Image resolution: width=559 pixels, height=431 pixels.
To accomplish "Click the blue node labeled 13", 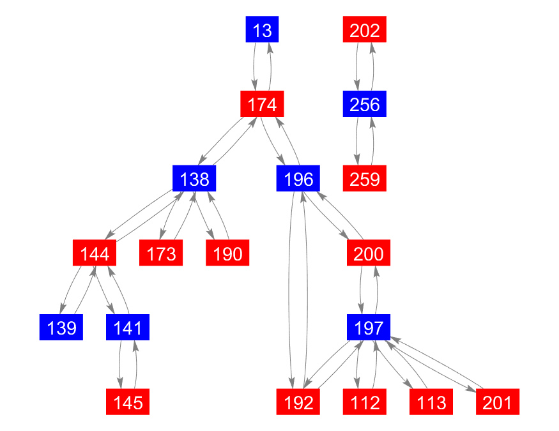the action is (x=262, y=29).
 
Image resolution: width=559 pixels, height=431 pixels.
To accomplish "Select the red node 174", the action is (x=262, y=103).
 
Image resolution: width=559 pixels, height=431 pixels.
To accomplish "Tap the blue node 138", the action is (x=194, y=178).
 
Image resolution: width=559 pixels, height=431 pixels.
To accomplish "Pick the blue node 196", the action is (x=298, y=178).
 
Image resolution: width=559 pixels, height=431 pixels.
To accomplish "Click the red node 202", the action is (x=365, y=29).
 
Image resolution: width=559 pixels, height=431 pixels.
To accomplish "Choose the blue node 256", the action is (x=365, y=103).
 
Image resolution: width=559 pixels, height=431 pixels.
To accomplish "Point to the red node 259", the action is (x=365, y=178).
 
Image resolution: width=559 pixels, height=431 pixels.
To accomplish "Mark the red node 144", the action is (x=95, y=253).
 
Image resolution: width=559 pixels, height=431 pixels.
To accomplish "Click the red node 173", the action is (x=161, y=253).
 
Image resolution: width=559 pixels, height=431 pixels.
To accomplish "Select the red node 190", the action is (x=227, y=253).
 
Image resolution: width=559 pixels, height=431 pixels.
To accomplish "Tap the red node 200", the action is (x=369, y=253).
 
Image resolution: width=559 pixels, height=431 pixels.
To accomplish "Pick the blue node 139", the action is (x=61, y=327).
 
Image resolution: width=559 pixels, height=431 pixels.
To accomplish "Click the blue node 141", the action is (x=128, y=327).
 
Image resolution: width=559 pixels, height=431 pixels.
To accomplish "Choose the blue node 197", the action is (x=369, y=327).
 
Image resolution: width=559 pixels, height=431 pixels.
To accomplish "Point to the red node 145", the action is (x=128, y=402).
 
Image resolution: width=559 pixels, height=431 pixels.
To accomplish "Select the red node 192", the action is (x=298, y=402).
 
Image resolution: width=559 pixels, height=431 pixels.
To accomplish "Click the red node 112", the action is (x=365, y=402).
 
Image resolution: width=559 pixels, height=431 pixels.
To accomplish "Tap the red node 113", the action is (x=431, y=402).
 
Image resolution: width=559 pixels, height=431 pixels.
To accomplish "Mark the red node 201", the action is (x=498, y=402).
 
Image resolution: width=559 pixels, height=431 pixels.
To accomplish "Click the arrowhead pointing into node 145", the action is (x=121, y=384).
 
